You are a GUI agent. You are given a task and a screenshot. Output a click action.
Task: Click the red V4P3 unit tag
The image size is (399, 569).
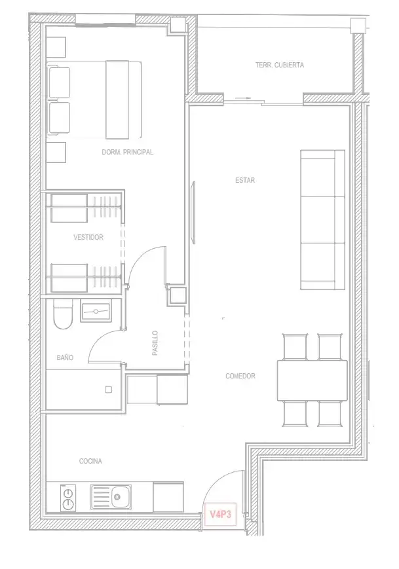(x=220, y=514)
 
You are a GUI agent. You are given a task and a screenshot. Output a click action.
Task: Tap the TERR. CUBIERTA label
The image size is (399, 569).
(x=280, y=65)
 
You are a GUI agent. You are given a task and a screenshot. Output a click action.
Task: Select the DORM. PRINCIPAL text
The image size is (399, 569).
(x=128, y=152)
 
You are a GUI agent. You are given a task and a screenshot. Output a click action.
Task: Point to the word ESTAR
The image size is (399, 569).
(x=245, y=180)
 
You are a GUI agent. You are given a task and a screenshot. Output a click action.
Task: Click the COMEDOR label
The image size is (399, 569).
(x=240, y=376)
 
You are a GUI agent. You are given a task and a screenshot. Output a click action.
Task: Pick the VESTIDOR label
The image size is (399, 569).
(x=88, y=237)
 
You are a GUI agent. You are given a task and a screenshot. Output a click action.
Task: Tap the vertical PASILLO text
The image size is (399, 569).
(x=155, y=342)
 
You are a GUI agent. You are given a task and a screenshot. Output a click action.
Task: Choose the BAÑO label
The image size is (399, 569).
(x=65, y=358)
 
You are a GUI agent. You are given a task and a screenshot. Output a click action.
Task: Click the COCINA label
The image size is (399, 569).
(x=90, y=461)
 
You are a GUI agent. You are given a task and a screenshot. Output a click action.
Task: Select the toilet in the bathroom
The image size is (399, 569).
(x=63, y=314)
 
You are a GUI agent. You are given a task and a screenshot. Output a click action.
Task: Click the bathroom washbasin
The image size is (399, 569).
(x=96, y=312)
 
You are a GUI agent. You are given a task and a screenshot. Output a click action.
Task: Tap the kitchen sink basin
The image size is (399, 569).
(x=117, y=497)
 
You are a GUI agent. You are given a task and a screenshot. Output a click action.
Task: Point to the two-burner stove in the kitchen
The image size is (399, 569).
(x=68, y=498)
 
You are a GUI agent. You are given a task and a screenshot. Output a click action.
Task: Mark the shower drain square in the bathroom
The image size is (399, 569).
(x=108, y=390)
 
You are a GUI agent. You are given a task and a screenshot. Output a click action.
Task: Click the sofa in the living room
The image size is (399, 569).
(x=323, y=220)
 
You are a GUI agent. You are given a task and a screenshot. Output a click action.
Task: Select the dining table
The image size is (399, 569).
(x=313, y=380)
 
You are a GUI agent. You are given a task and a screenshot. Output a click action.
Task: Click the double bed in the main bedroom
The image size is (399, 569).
(x=94, y=100)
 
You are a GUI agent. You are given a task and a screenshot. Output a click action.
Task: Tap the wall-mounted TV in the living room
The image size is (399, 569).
(x=193, y=213)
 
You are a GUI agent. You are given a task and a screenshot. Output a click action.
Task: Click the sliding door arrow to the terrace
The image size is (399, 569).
(x=243, y=98)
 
